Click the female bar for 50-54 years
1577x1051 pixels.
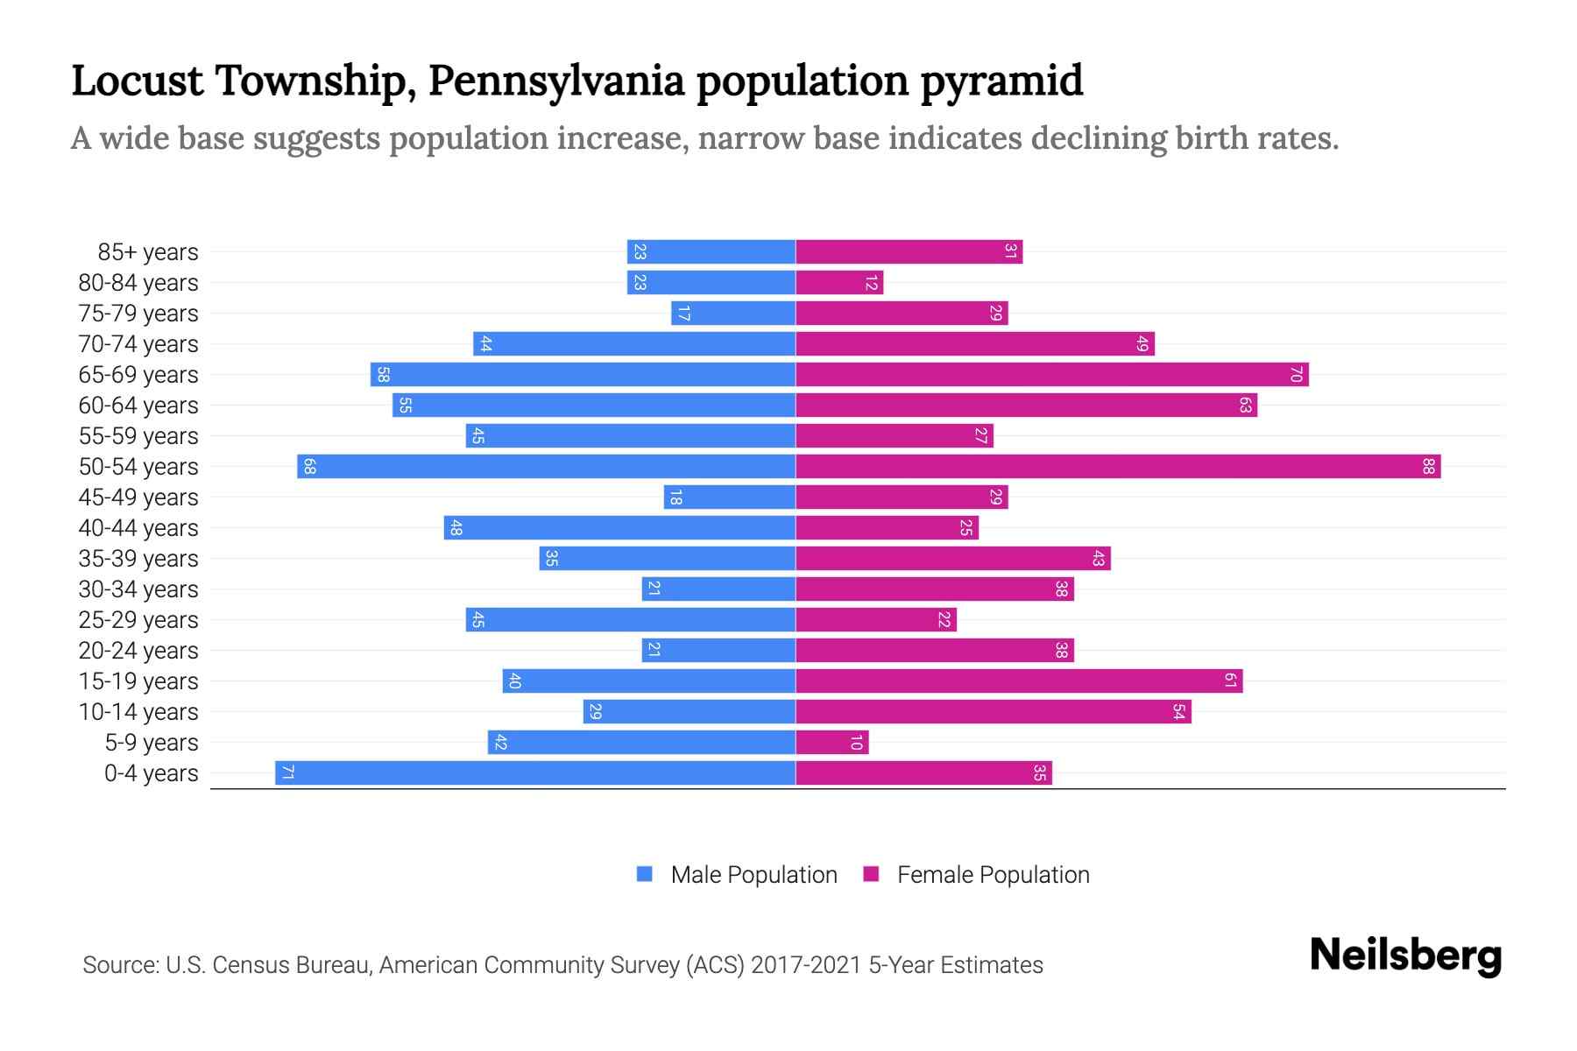(1118, 467)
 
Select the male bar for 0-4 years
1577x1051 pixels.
(535, 773)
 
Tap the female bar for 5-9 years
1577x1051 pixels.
(831, 743)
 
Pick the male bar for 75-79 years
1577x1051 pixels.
(733, 314)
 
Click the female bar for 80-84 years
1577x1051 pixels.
(839, 283)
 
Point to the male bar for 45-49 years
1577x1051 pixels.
(730, 497)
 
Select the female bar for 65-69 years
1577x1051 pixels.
(1051, 375)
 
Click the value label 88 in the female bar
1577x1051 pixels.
(1428, 467)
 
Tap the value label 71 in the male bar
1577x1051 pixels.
(287, 773)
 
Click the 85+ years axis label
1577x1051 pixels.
(148, 252)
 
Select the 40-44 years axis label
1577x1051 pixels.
(138, 528)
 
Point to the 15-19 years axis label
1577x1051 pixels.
(138, 681)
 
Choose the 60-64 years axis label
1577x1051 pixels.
(138, 406)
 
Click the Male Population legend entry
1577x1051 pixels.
(753, 875)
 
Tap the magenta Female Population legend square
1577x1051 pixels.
(871, 874)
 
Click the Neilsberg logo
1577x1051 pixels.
(1405, 956)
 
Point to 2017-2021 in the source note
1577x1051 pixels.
(806, 965)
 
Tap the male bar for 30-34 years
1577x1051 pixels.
(718, 589)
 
